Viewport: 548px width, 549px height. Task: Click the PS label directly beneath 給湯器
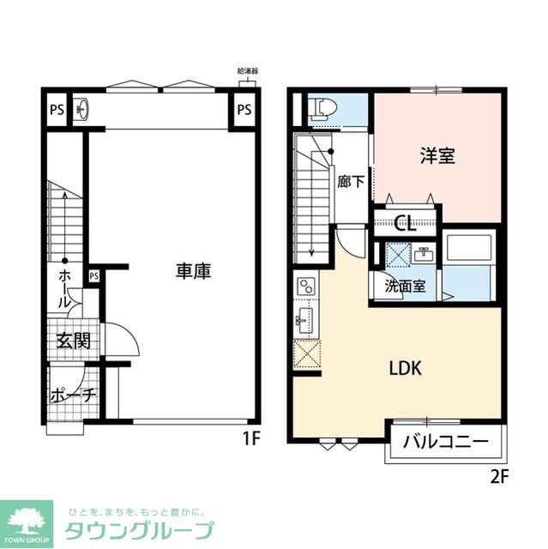(x=244, y=109)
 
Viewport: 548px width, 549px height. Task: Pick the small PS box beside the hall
(x=94, y=276)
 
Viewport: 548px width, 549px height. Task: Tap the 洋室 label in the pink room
(x=437, y=156)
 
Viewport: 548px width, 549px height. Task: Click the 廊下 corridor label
(x=350, y=182)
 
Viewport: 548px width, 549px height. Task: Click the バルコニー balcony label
(x=445, y=442)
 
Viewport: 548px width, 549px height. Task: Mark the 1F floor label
(x=250, y=438)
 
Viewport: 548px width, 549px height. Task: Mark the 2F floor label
(x=500, y=477)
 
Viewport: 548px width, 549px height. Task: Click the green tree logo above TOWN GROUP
(x=31, y=517)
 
